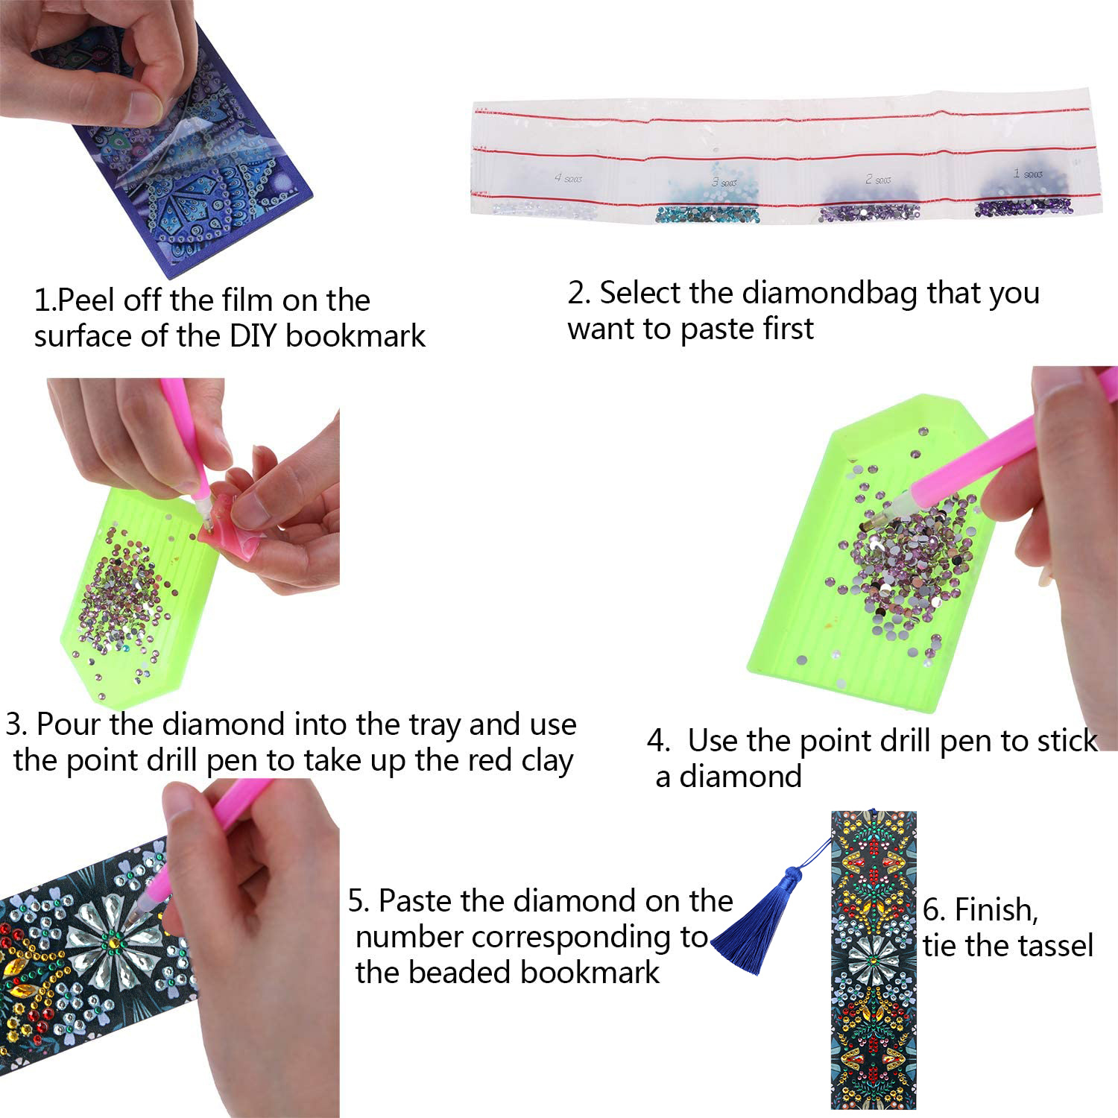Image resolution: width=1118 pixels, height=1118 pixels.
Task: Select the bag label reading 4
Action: (569, 178)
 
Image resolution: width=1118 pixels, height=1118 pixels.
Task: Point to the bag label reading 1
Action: (1028, 174)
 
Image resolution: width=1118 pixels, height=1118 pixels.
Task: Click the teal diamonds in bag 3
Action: (707, 215)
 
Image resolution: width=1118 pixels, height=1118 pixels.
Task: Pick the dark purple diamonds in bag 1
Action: (1024, 206)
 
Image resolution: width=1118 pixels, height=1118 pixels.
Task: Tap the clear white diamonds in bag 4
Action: (544, 209)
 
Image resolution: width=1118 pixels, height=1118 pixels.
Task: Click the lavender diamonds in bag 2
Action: (869, 213)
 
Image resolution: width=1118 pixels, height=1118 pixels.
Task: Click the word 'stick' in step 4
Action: (1064, 741)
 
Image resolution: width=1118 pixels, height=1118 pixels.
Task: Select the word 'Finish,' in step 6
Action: (997, 910)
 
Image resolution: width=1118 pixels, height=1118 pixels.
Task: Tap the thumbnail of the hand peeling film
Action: (157, 134)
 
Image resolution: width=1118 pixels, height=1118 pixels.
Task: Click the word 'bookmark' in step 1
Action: (356, 336)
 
